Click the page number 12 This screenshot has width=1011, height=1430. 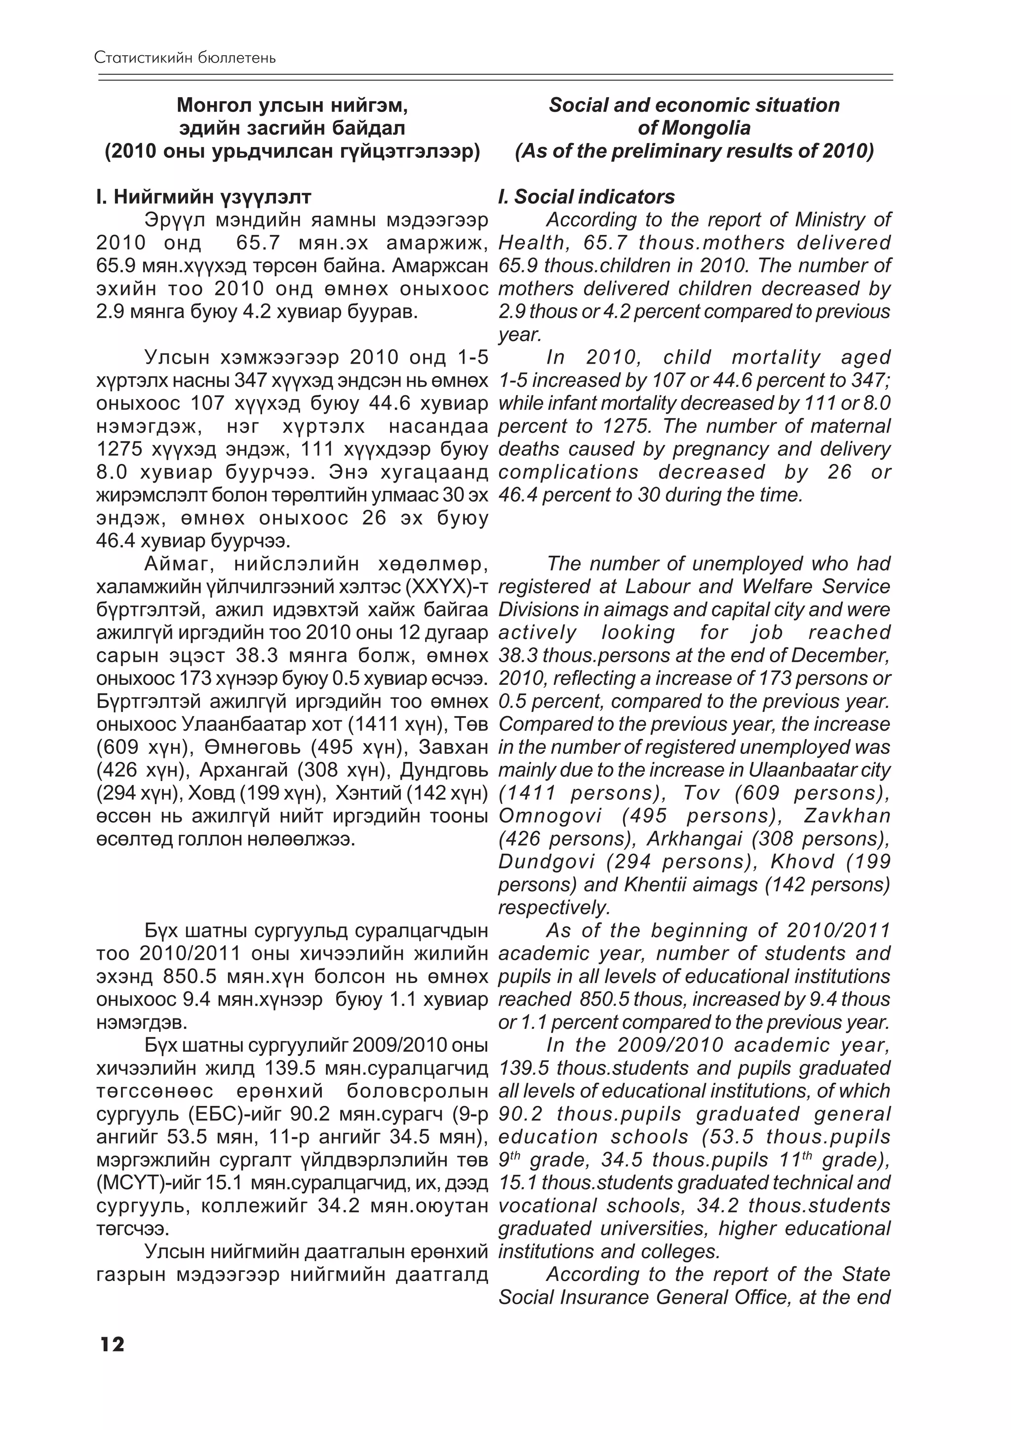tap(112, 1344)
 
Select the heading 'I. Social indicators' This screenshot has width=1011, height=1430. tap(586, 197)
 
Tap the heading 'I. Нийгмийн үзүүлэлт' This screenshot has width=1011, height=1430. tap(203, 197)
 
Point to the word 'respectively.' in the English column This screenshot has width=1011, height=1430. tap(554, 908)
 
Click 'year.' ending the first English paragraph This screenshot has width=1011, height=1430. tap(519, 335)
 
